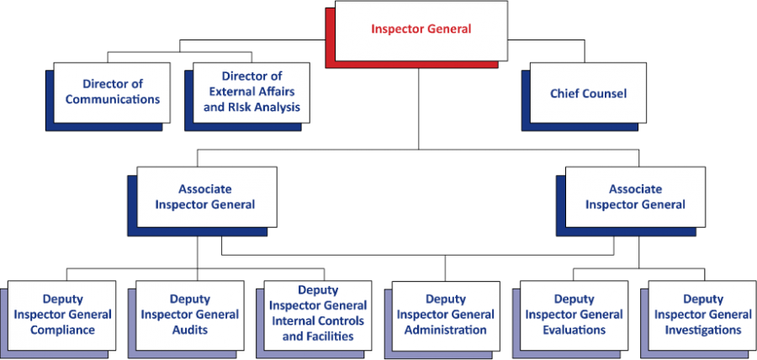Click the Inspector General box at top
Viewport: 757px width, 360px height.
421,30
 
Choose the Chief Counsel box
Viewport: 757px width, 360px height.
588,93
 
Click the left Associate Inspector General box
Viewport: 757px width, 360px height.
206,197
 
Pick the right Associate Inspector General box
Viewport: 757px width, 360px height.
635,197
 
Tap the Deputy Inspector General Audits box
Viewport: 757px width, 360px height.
189,315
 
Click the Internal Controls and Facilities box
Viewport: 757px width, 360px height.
318,314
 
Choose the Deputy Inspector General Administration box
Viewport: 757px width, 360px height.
445,315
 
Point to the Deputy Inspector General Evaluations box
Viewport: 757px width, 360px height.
574,315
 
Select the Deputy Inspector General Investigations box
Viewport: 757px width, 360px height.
702,315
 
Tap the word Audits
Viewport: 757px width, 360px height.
189,330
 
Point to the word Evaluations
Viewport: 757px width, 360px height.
574,330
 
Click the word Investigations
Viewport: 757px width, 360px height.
702,330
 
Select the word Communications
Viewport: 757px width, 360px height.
113,99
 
